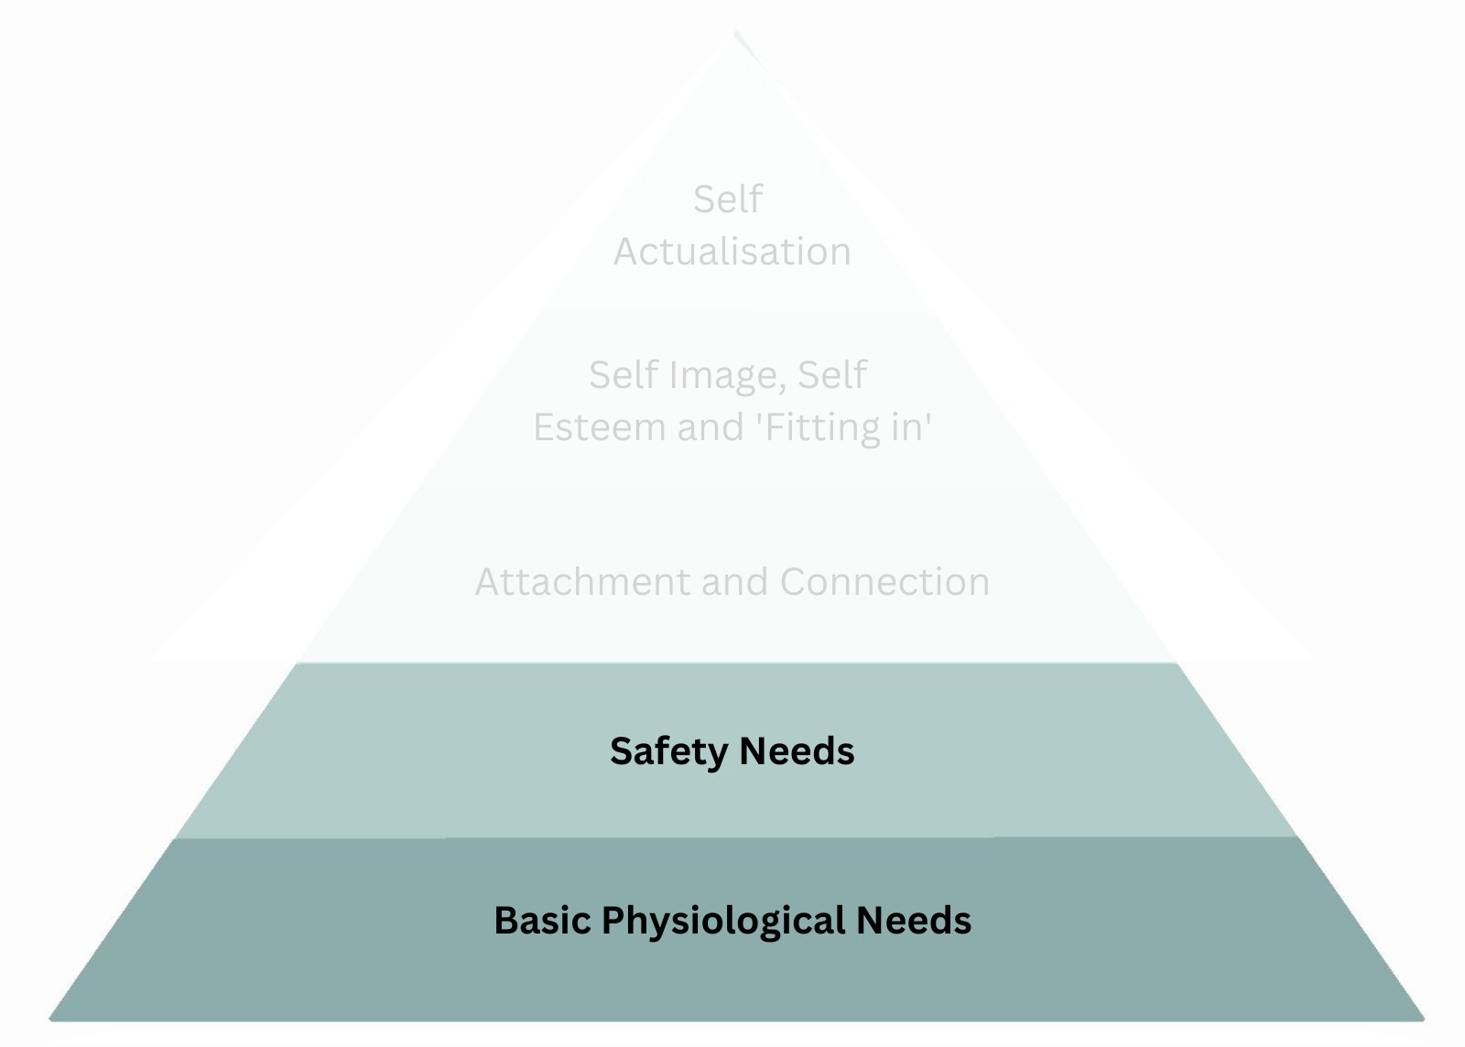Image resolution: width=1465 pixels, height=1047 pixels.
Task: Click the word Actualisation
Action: pos(732,252)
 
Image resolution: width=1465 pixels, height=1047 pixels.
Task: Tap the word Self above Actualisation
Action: pos(728,199)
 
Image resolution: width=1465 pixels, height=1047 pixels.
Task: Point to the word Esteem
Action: pos(599,427)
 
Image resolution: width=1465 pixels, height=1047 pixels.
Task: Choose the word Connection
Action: pos(884,582)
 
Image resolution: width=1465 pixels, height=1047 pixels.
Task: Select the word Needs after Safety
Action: pos(797,751)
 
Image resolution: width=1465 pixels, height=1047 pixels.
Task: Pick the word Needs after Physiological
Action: pos(914,921)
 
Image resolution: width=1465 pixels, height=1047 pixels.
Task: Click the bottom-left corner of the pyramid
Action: pos(51,1017)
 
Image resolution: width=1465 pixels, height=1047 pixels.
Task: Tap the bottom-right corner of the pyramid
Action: pos(1423,1017)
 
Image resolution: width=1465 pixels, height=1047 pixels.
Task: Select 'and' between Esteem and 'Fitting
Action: pos(711,427)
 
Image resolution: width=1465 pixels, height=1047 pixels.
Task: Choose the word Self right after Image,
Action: pos(831,375)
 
